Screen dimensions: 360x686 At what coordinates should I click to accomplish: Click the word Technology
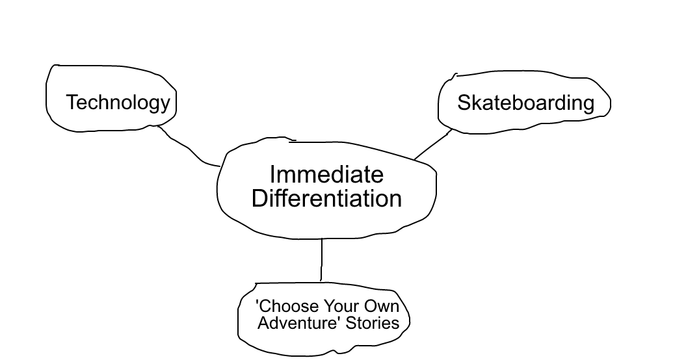(x=118, y=102)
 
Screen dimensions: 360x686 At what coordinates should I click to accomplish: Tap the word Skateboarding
(x=525, y=103)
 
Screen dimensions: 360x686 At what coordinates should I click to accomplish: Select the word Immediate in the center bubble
(x=326, y=174)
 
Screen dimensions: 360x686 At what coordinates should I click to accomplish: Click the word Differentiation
(x=326, y=198)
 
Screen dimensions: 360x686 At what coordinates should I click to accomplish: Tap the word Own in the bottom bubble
(x=384, y=306)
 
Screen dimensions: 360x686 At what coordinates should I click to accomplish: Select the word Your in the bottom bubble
(x=343, y=306)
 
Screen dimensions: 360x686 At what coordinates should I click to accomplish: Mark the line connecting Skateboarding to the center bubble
(x=432, y=145)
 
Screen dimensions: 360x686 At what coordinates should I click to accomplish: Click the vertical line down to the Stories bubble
(x=321, y=260)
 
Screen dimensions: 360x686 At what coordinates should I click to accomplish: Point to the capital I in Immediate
(x=272, y=174)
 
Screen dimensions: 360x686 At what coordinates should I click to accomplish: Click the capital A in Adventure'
(x=263, y=322)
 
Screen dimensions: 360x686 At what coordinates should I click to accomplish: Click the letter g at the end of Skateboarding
(x=588, y=105)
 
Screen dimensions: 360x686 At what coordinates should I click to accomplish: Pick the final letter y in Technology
(x=165, y=105)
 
